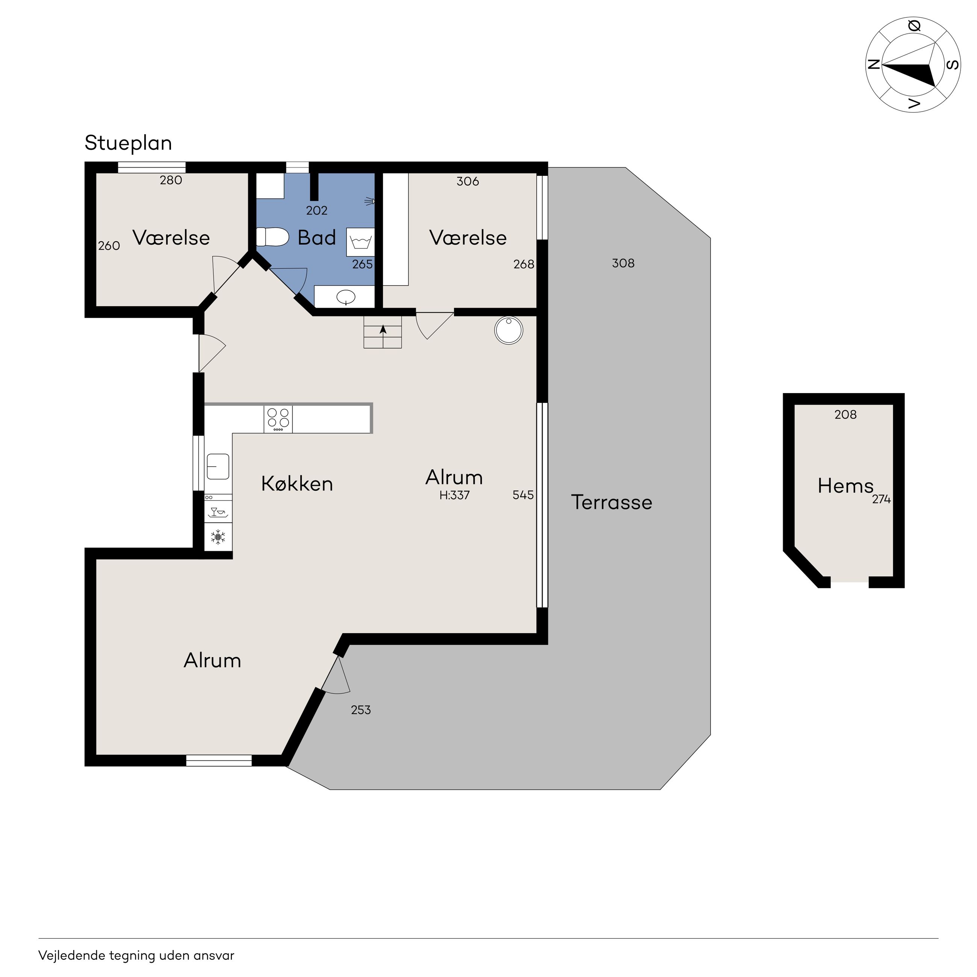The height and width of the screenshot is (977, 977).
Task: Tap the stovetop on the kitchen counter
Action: click(278, 419)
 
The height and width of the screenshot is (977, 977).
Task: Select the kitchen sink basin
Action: click(218, 466)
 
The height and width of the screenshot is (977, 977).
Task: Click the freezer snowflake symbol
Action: click(218, 537)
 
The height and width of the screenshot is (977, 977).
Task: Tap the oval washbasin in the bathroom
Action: click(346, 296)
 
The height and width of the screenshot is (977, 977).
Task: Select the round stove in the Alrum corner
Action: click(508, 330)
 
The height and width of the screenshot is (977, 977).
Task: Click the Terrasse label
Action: click(611, 502)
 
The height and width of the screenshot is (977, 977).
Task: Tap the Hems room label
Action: click(845, 486)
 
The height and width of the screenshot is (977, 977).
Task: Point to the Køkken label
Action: click(297, 484)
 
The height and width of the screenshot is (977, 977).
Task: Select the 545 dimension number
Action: click(523, 495)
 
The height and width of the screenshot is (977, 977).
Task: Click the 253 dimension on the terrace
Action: click(361, 710)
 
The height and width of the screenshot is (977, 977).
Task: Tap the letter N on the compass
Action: click(873, 64)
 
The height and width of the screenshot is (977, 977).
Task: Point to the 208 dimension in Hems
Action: click(845, 415)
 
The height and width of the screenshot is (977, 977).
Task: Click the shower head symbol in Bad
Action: click(370, 202)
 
